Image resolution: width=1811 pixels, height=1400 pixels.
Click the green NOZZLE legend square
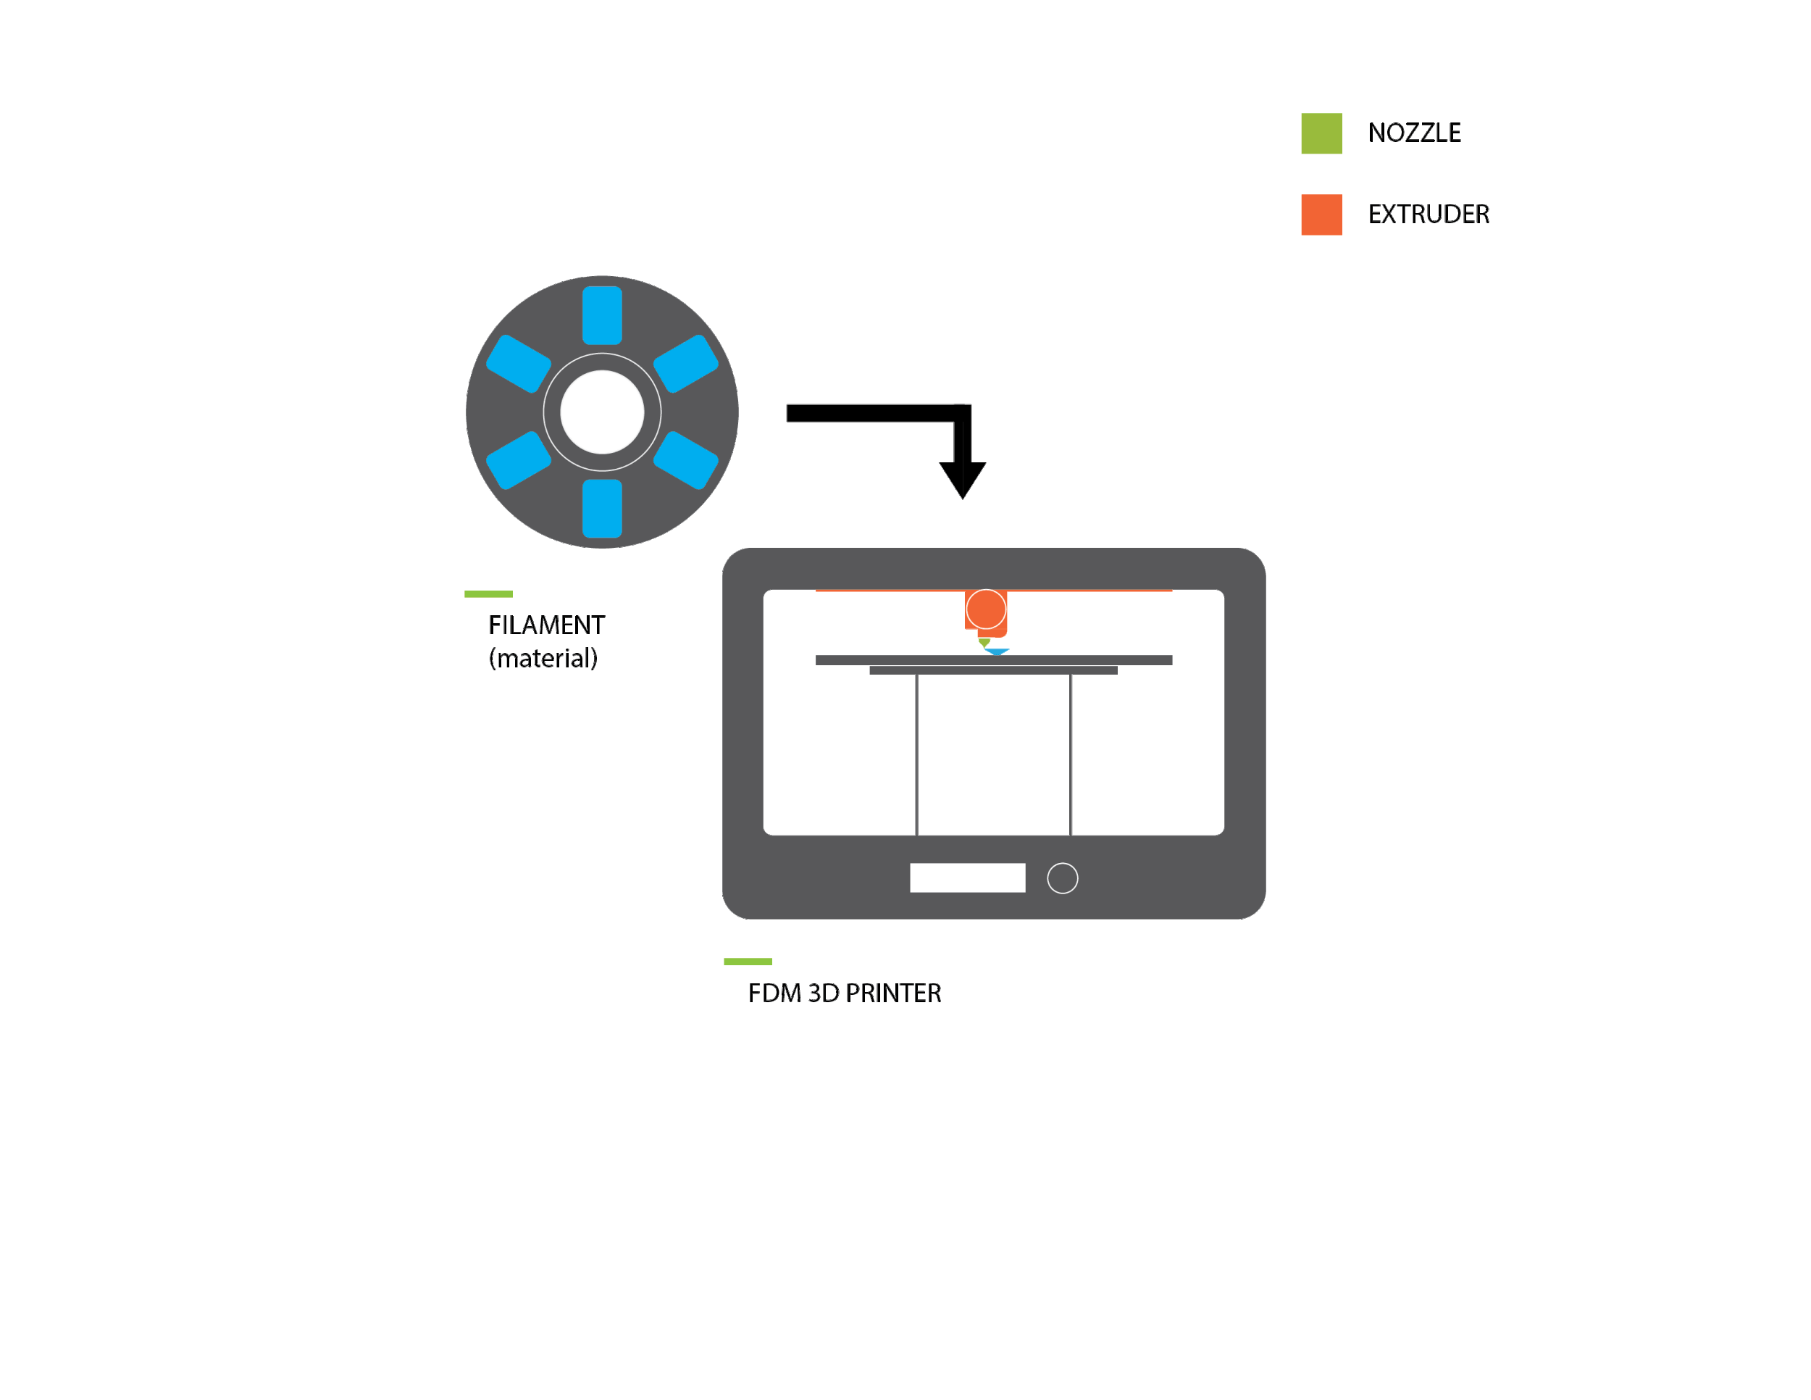click(x=1321, y=133)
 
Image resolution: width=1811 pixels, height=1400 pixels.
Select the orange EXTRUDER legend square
click(x=1321, y=214)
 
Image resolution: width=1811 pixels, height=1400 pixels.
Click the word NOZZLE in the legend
click(x=1414, y=133)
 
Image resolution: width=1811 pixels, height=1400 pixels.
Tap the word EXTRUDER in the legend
click(x=1428, y=214)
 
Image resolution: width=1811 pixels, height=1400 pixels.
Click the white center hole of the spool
click(x=602, y=412)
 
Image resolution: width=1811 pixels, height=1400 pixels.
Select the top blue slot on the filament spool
click(x=602, y=315)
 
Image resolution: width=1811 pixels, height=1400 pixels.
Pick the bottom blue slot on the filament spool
click(x=602, y=509)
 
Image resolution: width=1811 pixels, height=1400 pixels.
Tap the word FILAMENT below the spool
click(x=546, y=625)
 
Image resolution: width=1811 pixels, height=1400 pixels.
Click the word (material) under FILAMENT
click(x=543, y=659)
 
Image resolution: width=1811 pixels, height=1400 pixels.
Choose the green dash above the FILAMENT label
click(x=488, y=593)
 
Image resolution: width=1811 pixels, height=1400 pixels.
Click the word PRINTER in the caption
click(x=893, y=993)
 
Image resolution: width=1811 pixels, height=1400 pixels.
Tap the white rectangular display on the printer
click(x=967, y=878)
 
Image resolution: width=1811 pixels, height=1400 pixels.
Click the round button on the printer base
click(x=1062, y=878)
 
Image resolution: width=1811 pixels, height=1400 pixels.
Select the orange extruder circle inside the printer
click(x=985, y=609)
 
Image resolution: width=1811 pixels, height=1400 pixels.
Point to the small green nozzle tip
click(x=984, y=642)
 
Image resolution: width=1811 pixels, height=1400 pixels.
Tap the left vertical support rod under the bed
click(x=916, y=755)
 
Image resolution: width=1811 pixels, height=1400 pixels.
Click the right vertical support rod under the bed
click(x=1071, y=755)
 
